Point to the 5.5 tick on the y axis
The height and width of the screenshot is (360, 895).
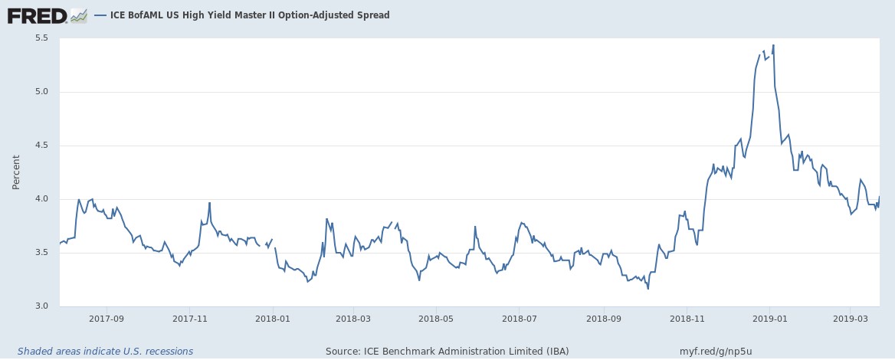click(x=41, y=38)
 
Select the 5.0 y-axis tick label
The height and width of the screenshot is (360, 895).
click(x=41, y=92)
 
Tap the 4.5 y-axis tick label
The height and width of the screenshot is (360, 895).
click(x=41, y=146)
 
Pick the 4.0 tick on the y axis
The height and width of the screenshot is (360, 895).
click(x=41, y=199)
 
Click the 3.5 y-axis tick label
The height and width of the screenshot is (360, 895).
click(x=41, y=253)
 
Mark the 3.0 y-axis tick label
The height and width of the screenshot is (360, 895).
click(x=41, y=306)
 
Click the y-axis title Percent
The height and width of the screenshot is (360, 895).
click(x=16, y=172)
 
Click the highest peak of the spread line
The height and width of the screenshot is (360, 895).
click(x=773, y=45)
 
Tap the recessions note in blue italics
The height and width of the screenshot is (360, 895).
click(x=105, y=352)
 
